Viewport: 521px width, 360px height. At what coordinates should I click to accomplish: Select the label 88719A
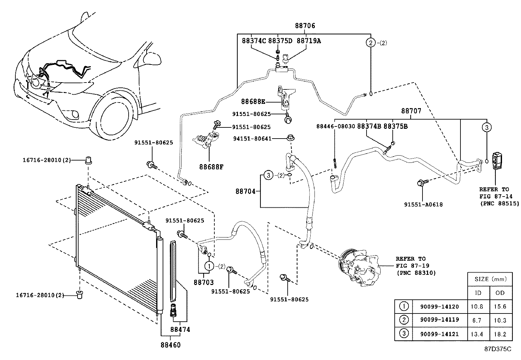[309, 41]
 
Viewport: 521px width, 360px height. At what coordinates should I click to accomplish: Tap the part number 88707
[411, 111]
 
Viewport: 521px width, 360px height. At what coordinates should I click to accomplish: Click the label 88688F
[211, 167]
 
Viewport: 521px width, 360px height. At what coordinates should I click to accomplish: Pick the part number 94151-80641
[252, 139]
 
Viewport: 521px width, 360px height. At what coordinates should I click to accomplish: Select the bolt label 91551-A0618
[423, 204]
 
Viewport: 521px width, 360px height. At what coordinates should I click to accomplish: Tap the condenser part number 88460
[170, 345]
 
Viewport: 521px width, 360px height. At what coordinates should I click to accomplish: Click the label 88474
[180, 330]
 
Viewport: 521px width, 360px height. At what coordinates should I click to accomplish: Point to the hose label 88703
[203, 282]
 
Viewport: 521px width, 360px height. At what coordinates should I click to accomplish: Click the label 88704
[245, 191]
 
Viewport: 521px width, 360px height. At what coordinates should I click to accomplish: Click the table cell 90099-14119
[440, 320]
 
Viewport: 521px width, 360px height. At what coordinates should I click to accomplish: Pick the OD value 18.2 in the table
[500, 334]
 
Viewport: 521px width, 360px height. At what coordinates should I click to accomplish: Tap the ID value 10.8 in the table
[478, 307]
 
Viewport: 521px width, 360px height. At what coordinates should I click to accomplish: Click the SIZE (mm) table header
[490, 279]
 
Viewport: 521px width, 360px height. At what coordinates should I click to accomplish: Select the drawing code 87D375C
[497, 349]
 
